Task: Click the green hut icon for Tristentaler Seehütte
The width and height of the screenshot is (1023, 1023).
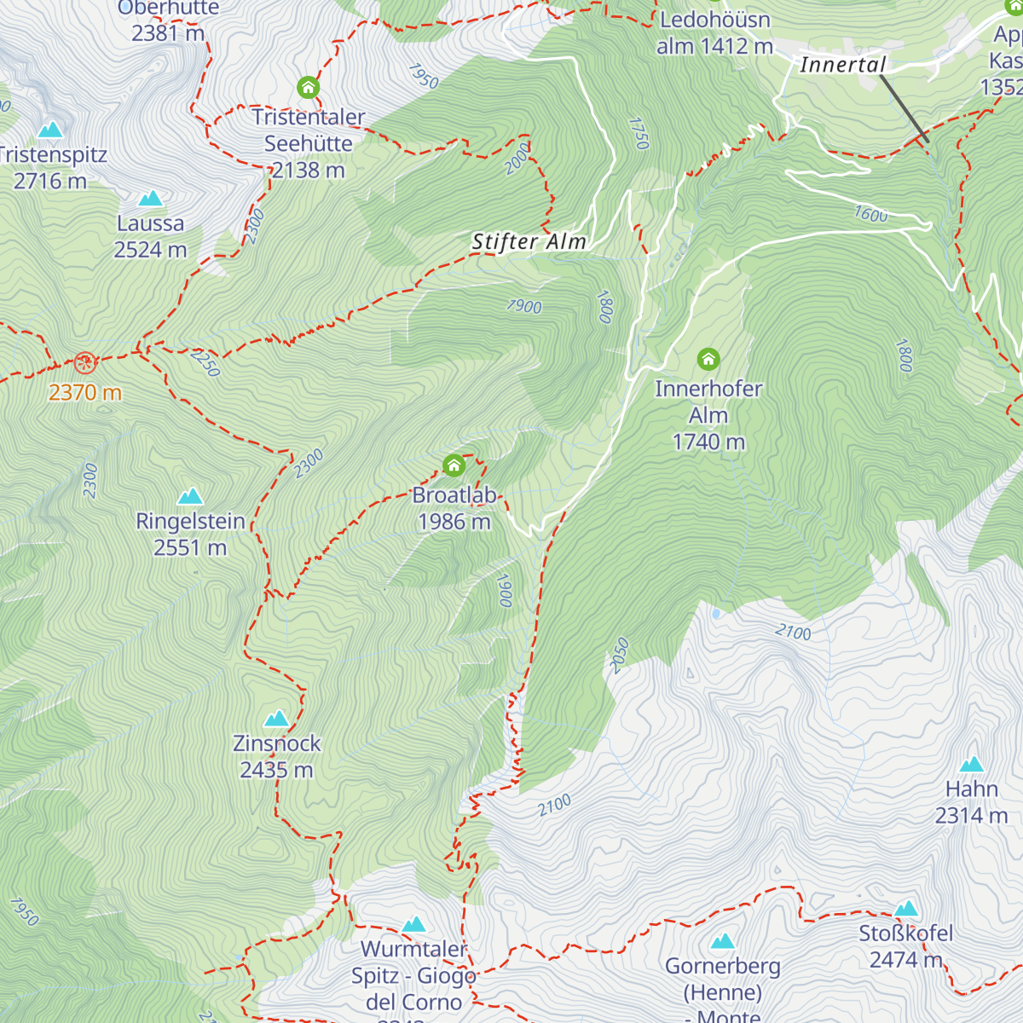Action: pos(308,88)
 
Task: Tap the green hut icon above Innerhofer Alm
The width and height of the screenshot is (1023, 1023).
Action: pos(708,359)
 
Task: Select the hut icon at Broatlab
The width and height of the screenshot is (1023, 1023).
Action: pos(454,465)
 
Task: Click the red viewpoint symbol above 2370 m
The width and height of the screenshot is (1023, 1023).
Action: pos(84,363)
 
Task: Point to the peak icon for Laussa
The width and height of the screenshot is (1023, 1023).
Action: pos(151,199)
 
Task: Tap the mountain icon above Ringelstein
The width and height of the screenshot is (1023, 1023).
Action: pos(190,496)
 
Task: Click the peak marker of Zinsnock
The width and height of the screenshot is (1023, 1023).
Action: pos(277,719)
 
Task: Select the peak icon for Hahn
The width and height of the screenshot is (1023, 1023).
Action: pos(972,765)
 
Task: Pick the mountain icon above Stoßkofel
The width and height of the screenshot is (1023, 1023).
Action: pos(906,909)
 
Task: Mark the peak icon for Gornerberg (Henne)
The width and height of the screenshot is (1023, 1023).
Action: pos(723,941)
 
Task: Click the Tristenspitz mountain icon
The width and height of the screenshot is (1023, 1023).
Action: pos(50,130)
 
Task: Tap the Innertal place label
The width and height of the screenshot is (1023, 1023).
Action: pos(842,65)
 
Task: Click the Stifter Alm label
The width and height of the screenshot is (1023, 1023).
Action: pos(529,242)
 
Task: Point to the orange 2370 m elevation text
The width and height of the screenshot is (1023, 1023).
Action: pos(85,393)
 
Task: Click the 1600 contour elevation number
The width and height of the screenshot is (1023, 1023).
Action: pos(870,214)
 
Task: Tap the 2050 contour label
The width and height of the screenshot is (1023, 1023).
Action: pos(620,656)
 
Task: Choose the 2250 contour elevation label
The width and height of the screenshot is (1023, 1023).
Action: pos(205,362)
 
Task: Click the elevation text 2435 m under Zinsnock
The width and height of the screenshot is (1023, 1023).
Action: pos(277,770)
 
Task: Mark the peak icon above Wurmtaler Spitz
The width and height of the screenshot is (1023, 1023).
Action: pos(413,924)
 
